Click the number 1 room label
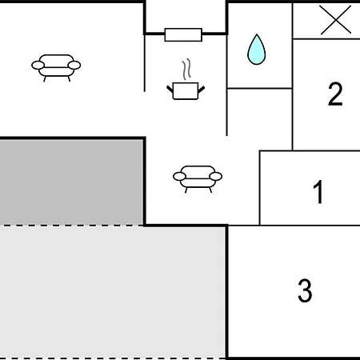(318, 192)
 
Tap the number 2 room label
(335, 94)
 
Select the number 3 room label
(305, 290)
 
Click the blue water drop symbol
(257, 50)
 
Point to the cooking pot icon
(186, 91)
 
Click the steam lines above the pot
(186, 69)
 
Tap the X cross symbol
(336, 20)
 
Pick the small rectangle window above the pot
(183, 34)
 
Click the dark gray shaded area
(71, 182)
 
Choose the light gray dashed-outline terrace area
(113, 292)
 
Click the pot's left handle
(170, 89)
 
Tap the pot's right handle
(202, 90)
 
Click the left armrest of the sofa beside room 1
(179, 176)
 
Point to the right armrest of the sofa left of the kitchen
(74, 65)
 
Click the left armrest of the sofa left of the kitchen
(38, 65)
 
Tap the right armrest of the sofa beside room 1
(215, 176)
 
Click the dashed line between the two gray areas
(71, 226)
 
